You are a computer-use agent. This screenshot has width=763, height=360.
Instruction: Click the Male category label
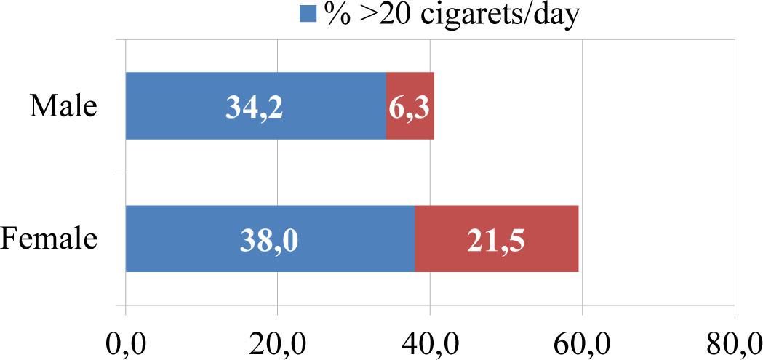(63, 107)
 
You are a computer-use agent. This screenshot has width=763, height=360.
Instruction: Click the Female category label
(49, 239)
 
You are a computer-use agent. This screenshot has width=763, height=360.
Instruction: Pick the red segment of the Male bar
(410, 106)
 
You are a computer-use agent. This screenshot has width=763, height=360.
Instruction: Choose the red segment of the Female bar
(497, 239)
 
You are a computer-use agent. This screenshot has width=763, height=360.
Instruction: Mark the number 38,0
(269, 240)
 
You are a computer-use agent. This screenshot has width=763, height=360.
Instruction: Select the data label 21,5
(497, 240)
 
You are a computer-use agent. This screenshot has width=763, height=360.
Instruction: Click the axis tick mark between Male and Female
(121, 172)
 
